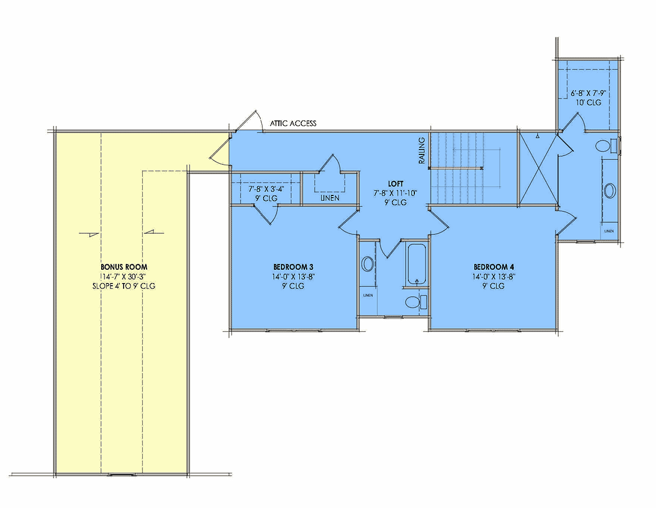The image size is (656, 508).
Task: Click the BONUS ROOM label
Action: tap(124, 267)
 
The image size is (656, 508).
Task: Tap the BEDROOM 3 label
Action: tap(293, 267)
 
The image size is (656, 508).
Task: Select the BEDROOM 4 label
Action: tap(494, 267)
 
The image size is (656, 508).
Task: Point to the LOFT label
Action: tap(395, 184)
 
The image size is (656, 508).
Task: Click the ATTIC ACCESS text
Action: tap(293, 123)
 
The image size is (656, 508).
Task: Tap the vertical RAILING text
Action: tap(421, 151)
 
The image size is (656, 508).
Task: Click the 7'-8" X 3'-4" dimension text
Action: tap(266, 189)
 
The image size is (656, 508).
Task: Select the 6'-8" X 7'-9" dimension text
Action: tap(588, 93)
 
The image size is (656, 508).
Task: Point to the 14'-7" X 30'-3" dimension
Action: tap(124, 276)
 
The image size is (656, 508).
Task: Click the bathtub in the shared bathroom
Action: tap(417, 264)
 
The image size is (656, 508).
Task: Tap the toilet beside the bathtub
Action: tap(415, 302)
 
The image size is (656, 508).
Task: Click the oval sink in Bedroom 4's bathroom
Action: tap(610, 191)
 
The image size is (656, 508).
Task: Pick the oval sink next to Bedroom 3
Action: tap(367, 264)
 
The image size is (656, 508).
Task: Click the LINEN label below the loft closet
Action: tap(330, 198)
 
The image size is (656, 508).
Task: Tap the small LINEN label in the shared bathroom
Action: tap(368, 295)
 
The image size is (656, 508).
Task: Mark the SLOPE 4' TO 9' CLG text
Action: tap(124, 286)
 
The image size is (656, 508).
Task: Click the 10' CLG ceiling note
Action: tap(588, 102)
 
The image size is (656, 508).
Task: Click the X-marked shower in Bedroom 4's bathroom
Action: tap(538, 170)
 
